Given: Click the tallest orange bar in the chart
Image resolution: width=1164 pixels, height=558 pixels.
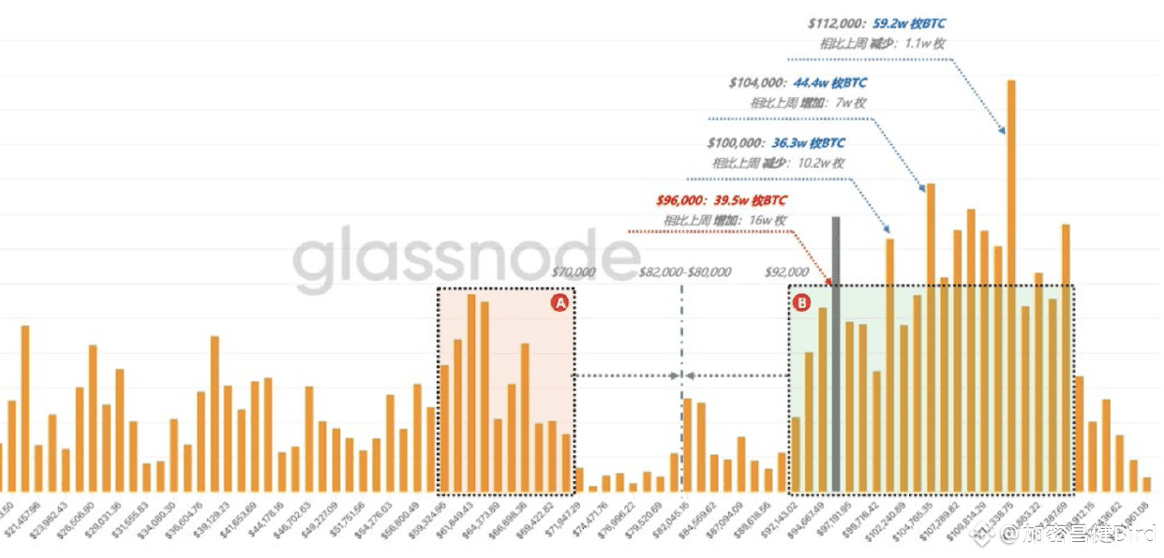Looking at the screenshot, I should click(x=1011, y=281).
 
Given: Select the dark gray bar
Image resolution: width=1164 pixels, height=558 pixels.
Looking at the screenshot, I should click(x=836, y=356).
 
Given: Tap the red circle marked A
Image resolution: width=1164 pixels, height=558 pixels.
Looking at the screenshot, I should click(x=560, y=302).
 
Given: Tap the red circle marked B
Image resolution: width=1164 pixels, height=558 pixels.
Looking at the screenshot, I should click(x=802, y=302).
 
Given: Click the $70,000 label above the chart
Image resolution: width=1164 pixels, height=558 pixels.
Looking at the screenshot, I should click(x=573, y=272).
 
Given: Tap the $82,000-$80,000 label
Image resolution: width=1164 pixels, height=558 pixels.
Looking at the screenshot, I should click(x=684, y=272).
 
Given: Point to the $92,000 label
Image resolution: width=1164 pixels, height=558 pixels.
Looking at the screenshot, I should click(x=786, y=272).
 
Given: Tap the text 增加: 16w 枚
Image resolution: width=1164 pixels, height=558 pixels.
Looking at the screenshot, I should click(x=750, y=220).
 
